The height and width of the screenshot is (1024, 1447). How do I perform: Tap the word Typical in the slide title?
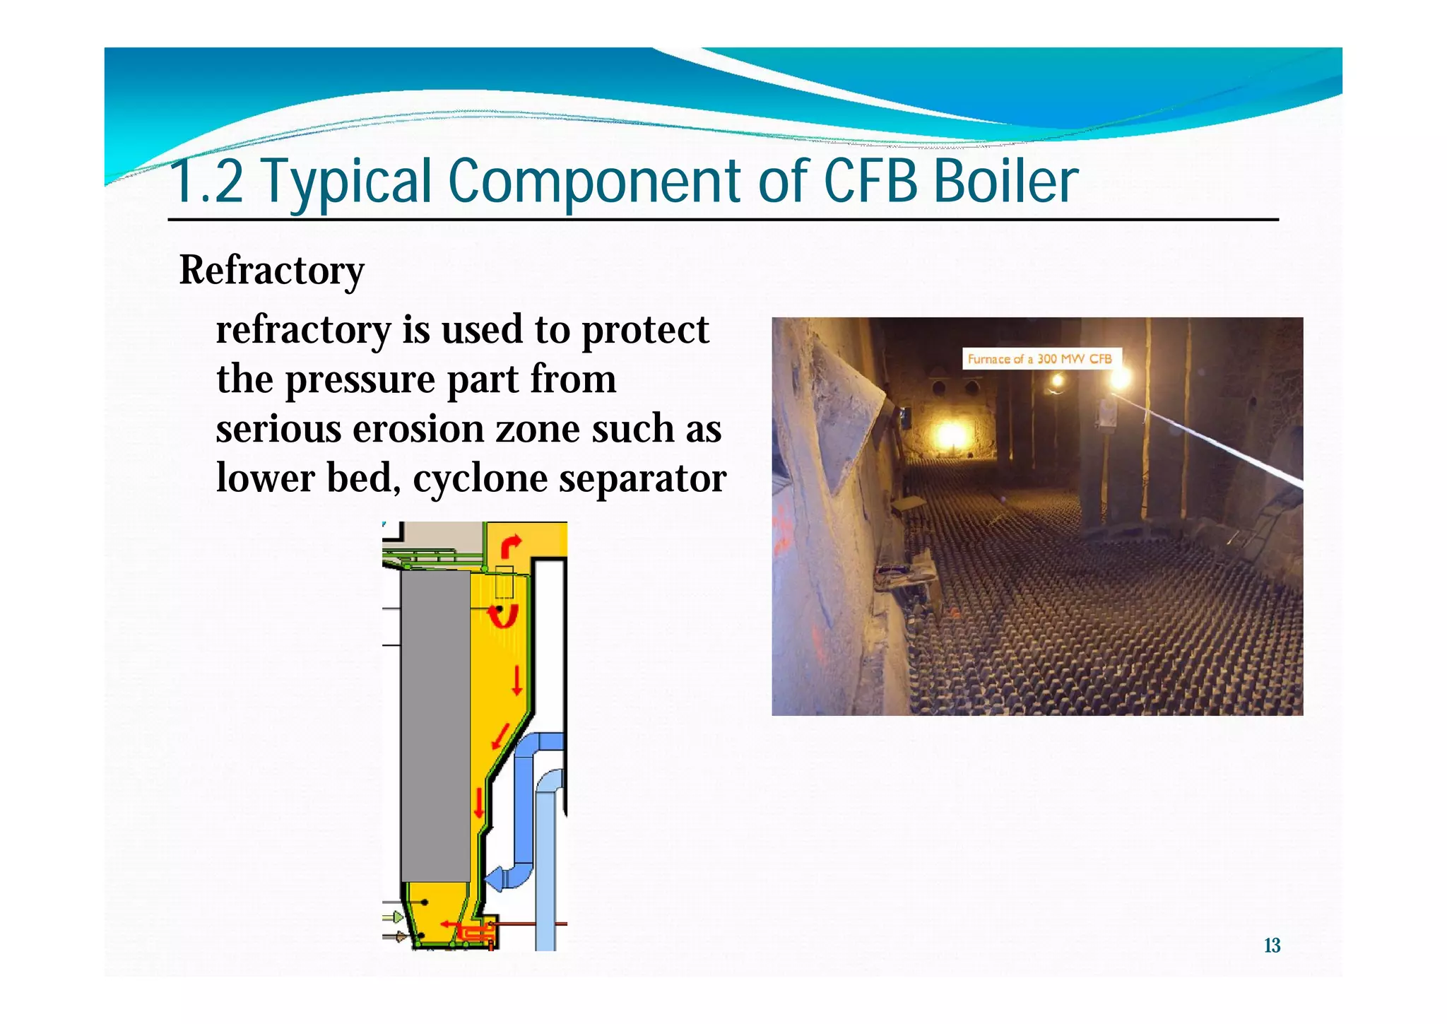(x=347, y=182)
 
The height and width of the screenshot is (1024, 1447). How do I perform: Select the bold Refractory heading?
(x=271, y=271)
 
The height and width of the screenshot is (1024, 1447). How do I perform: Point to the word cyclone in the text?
(x=480, y=479)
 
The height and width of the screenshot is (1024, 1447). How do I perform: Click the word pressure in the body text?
(x=360, y=379)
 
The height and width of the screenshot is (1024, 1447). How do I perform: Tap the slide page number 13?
(x=1272, y=946)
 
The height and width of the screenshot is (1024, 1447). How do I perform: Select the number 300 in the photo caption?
(x=1048, y=359)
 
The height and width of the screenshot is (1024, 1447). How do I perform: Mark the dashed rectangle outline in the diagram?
(x=504, y=582)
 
